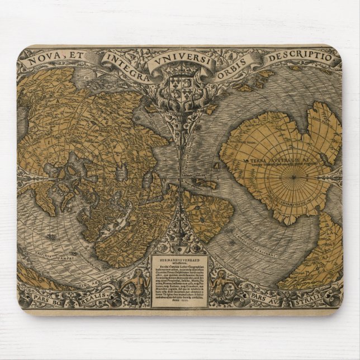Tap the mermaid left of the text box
[134, 285]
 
